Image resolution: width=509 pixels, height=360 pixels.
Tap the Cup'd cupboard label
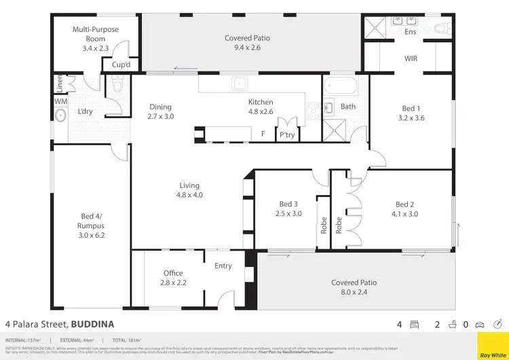click(121, 66)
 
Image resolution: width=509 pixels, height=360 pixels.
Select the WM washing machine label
click(60, 101)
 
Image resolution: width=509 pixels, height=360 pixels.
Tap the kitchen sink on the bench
click(240, 84)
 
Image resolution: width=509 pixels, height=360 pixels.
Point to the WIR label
click(411, 59)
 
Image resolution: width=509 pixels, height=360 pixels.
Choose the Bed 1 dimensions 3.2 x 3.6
click(411, 118)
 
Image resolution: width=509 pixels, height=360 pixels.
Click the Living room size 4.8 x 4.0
click(190, 195)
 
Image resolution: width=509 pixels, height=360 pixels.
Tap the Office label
click(173, 273)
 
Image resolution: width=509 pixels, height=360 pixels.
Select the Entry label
click(223, 266)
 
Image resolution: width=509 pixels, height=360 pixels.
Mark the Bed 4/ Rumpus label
click(92, 221)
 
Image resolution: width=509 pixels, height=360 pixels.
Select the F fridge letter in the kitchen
click(263, 134)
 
